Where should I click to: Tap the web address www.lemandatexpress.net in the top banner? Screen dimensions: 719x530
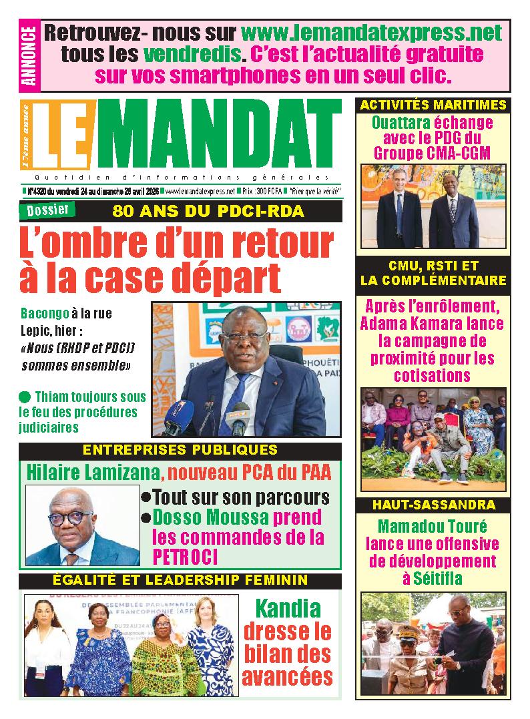371,31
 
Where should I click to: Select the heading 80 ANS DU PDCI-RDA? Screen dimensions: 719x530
208,212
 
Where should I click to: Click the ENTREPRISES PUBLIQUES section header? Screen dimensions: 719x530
180,450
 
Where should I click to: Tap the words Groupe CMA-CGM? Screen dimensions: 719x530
433,152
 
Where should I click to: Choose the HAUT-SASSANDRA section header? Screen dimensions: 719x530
433,505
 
